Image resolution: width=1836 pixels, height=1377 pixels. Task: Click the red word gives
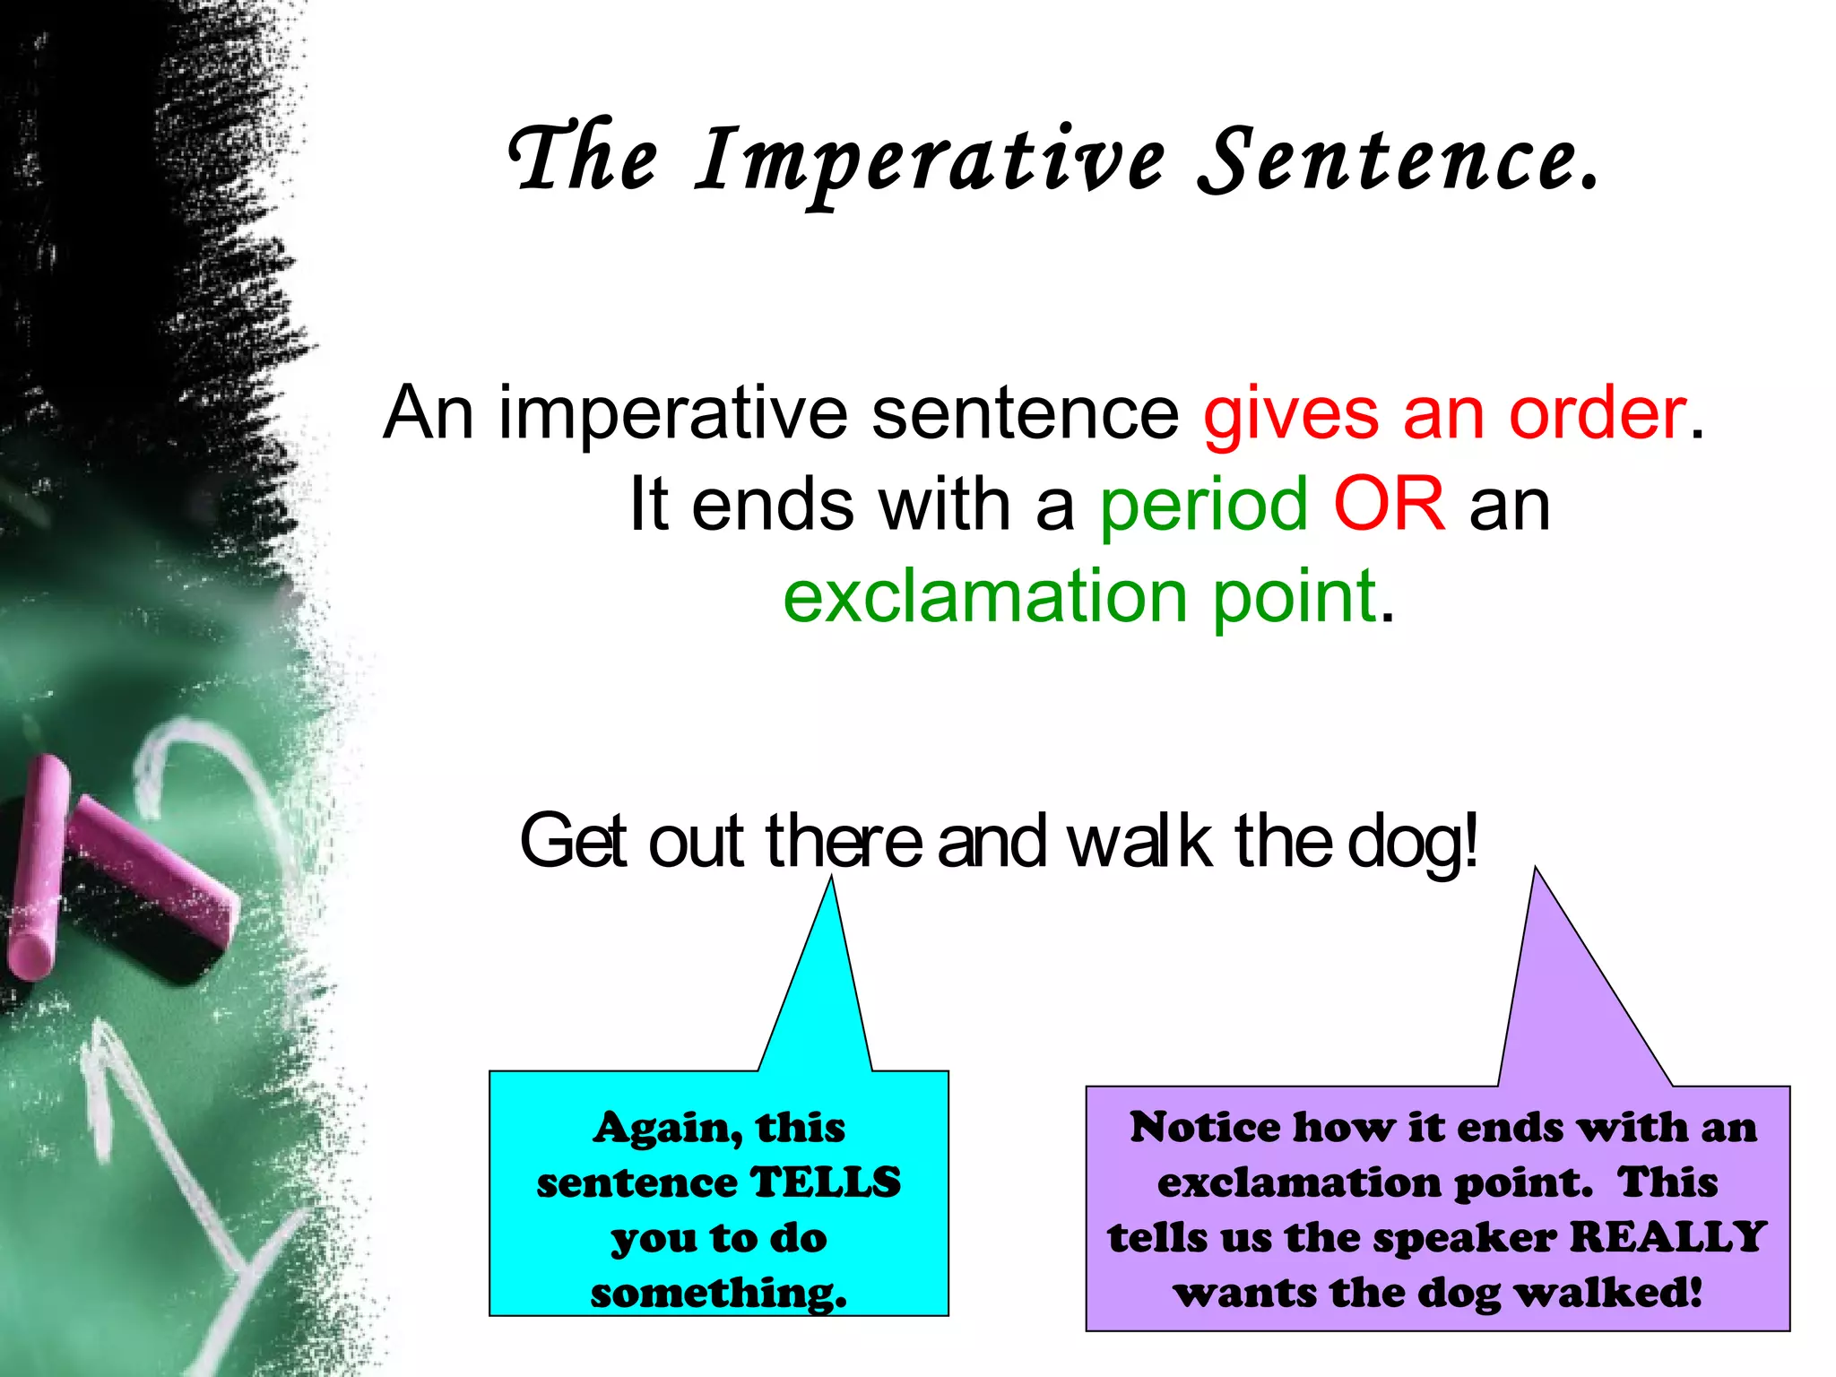pos(1291,413)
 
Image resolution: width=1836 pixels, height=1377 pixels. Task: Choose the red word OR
pos(1389,504)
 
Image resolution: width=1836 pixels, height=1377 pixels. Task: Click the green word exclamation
pos(985,596)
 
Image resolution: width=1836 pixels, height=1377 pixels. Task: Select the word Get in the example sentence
pos(573,841)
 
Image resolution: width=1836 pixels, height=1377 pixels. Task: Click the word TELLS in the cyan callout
pos(825,1182)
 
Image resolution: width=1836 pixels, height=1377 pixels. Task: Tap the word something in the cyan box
pos(717,1294)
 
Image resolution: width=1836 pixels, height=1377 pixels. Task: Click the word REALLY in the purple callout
pos(1667,1237)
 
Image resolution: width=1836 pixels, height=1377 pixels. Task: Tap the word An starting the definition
pos(428,413)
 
